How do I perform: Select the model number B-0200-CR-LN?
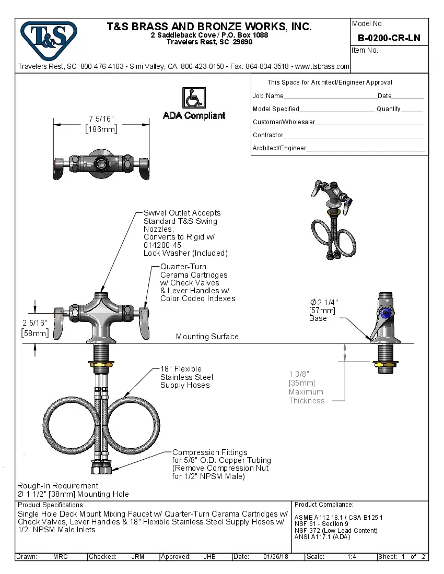[x=389, y=38]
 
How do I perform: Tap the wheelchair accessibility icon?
[x=193, y=98]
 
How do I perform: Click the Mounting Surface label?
[x=207, y=337]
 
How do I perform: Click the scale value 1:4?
[x=352, y=557]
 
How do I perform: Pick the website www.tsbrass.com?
[x=322, y=66]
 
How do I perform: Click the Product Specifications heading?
[x=51, y=505]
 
